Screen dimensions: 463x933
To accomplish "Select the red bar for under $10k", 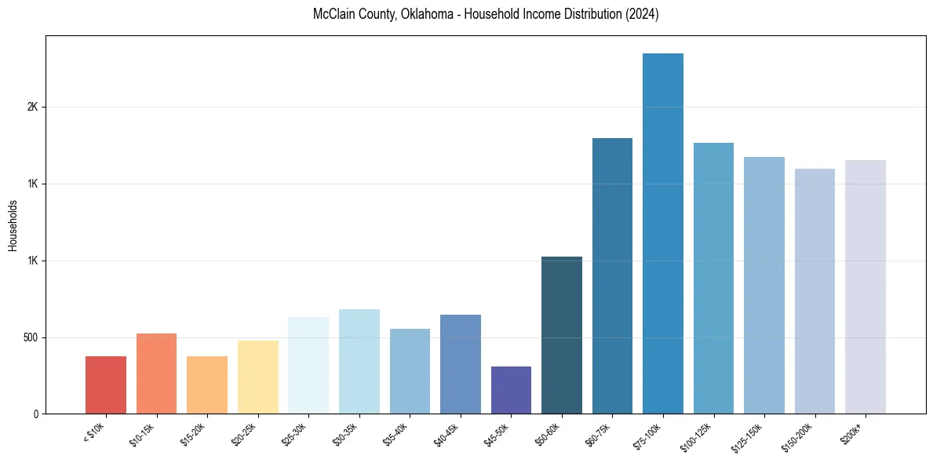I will click(x=106, y=385).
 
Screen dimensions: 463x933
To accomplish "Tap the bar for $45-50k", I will click(x=511, y=390).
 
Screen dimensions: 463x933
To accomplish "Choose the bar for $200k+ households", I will click(x=866, y=286).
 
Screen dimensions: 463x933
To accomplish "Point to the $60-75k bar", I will click(x=612, y=275).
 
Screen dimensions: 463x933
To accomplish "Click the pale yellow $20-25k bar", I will click(x=258, y=377).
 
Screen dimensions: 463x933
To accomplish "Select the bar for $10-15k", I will click(x=156, y=374).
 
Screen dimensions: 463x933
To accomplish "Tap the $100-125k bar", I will click(x=713, y=278).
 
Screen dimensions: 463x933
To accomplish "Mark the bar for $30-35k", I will click(x=359, y=361).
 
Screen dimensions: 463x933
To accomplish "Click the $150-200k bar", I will click(x=815, y=290).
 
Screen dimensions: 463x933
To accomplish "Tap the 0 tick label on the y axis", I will click(x=36, y=414).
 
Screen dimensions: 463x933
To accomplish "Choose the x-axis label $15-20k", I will click(x=192, y=433).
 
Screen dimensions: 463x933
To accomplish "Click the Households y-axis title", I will click(x=13, y=225).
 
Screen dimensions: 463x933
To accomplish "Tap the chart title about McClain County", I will click(x=485, y=15).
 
